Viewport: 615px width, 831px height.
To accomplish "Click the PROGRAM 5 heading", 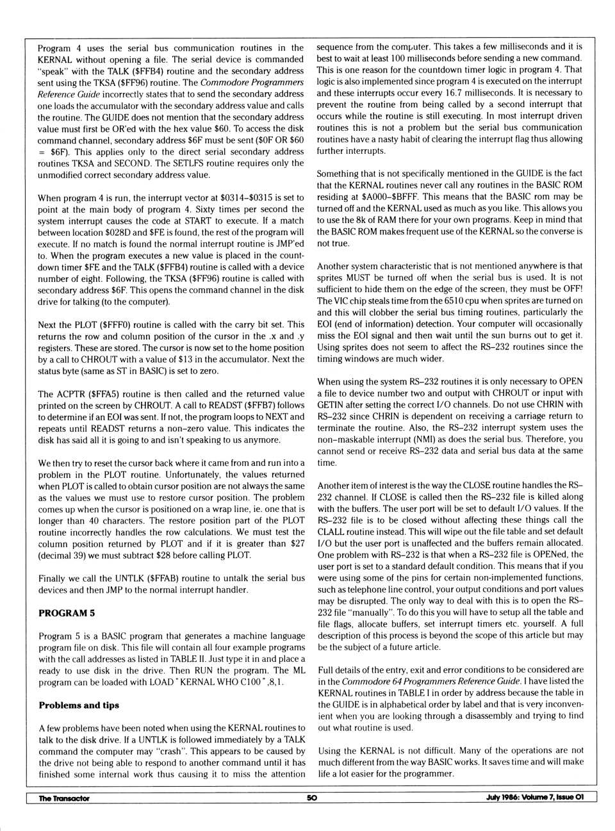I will point(67,613).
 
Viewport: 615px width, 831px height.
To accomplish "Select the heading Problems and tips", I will point(79,705).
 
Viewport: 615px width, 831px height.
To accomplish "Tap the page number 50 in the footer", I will point(311,798).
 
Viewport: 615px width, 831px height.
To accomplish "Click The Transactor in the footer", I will point(64,798).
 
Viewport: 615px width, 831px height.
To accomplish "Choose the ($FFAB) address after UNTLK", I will point(167,579).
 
